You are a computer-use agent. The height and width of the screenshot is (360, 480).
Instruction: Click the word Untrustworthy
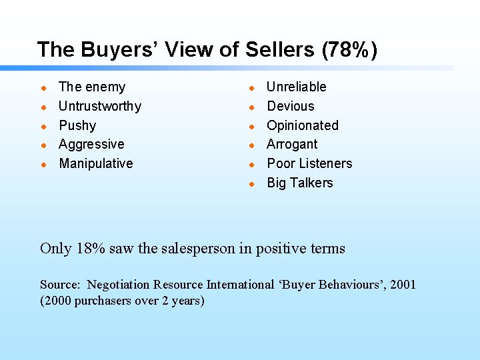coord(100,106)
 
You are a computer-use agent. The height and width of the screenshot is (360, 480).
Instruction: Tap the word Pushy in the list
coord(77,125)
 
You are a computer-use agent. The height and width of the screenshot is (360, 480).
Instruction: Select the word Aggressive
coord(91,144)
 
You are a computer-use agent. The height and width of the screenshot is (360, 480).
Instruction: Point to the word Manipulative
coord(96,163)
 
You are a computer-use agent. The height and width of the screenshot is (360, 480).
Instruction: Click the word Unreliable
coord(297,87)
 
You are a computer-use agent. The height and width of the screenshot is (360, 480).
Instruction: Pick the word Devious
coord(291,106)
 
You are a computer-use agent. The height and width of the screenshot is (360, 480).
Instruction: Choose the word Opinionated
coord(303,125)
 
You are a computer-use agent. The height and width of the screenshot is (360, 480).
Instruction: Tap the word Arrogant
coord(292,144)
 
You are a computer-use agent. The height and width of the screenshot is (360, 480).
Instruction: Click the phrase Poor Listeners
coord(309,163)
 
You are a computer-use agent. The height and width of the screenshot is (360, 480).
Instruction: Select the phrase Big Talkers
coord(300,183)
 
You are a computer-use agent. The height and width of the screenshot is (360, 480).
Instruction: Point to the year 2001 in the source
coord(402,285)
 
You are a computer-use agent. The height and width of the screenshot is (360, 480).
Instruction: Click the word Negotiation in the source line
coord(117,285)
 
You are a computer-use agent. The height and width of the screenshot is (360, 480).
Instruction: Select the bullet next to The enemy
coord(43,87)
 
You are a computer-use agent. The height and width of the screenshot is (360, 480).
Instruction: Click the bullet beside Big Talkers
coord(251,183)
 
